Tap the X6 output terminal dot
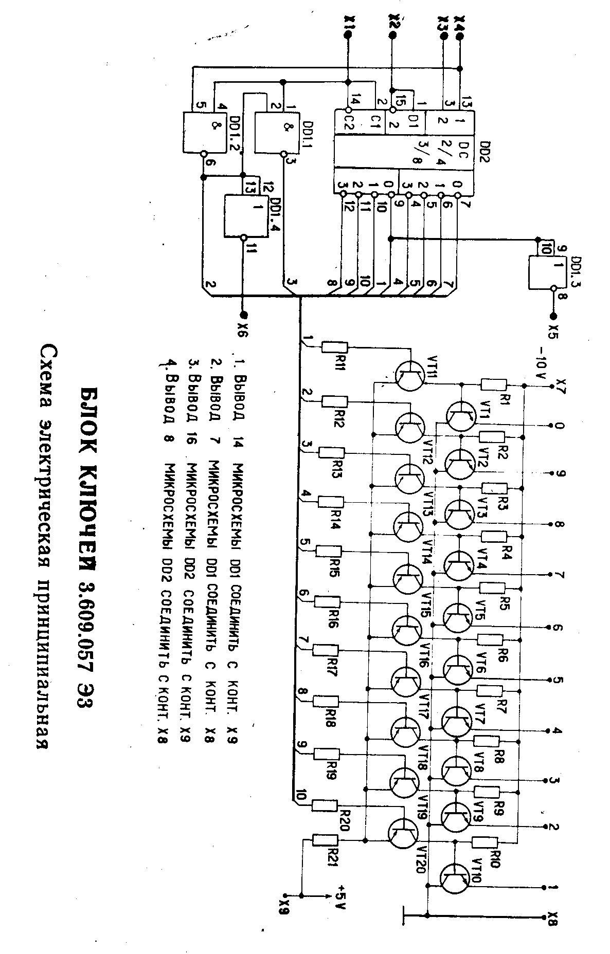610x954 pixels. point(244,315)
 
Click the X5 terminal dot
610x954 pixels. point(553,315)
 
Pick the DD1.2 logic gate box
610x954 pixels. point(205,132)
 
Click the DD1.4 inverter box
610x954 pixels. point(246,216)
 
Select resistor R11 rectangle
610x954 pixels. point(335,347)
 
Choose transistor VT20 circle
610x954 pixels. point(403,833)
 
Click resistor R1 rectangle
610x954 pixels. point(494,384)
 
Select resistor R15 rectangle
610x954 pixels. point(328,552)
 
